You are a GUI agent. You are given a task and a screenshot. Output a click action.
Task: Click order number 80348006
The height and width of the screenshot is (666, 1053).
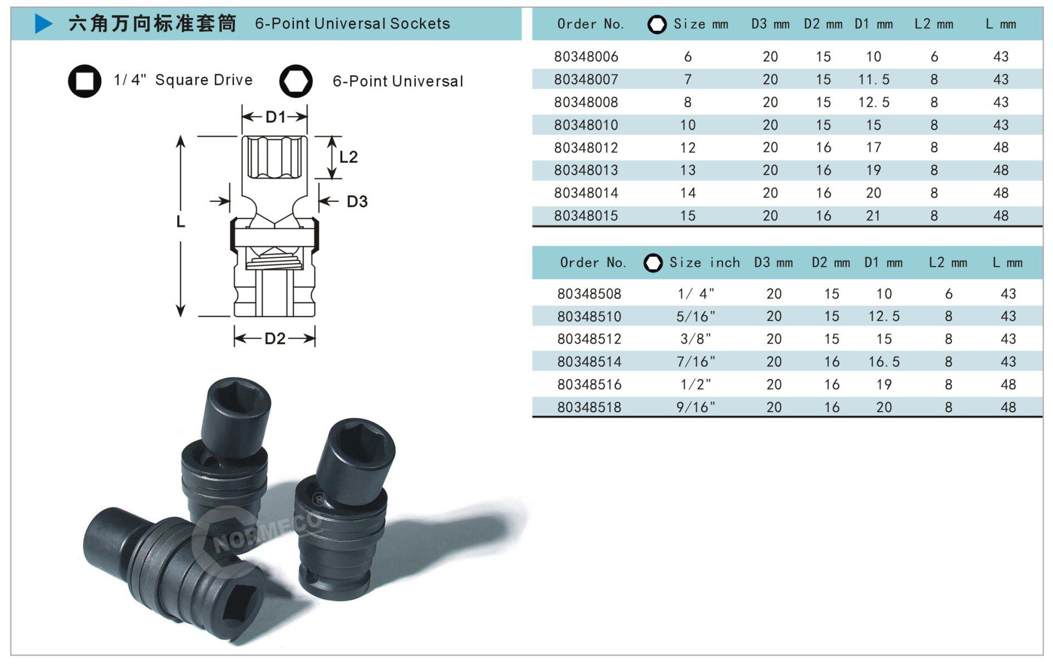[586, 57]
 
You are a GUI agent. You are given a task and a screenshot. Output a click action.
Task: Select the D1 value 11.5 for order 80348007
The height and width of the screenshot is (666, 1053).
[874, 80]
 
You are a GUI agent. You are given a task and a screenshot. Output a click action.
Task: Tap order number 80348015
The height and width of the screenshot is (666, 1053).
[586, 216]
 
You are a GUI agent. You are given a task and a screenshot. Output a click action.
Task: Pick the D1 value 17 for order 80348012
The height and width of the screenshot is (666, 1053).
[874, 148]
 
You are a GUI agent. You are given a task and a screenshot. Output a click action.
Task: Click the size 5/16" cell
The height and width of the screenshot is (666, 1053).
[695, 317]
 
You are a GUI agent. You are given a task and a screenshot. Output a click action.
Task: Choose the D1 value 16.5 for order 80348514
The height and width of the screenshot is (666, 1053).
[884, 362]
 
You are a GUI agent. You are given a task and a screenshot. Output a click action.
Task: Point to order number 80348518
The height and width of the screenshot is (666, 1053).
[589, 408]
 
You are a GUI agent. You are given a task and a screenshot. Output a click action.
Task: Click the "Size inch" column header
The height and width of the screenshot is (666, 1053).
[705, 263]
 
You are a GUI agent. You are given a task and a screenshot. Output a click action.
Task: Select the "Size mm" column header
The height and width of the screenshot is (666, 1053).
[701, 24]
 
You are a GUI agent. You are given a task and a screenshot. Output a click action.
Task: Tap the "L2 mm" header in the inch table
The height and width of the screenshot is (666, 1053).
[948, 263]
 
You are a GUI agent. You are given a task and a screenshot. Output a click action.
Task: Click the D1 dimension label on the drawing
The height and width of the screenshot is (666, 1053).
[275, 117]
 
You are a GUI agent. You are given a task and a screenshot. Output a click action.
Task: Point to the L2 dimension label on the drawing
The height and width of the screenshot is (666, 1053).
[348, 157]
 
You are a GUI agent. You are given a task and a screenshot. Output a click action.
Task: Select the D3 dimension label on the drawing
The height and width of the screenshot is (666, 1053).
[357, 201]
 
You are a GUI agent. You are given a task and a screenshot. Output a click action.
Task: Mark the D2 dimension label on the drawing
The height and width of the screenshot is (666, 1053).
[275, 338]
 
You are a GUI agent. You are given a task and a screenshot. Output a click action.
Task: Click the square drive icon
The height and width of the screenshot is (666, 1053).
[84, 81]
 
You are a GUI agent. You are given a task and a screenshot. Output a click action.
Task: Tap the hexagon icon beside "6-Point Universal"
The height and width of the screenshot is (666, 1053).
[296, 81]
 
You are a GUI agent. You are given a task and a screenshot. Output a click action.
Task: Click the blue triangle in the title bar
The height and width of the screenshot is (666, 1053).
[43, 24]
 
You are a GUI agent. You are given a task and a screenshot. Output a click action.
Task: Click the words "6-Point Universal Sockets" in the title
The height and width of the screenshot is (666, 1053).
[353, 24]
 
